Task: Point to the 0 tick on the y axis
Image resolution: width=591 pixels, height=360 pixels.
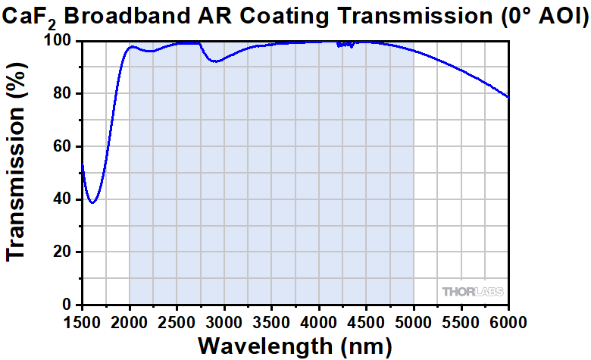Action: pos(68,305)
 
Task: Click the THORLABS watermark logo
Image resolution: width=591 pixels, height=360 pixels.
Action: pos(472,291)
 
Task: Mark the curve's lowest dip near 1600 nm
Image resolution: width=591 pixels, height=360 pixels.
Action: pos(92,202)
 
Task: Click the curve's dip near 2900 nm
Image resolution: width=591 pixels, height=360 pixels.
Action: pos(216,61)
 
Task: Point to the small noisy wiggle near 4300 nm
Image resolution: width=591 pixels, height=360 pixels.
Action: pos(346,44)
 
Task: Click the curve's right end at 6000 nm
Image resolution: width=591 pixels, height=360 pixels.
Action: pos(508,97)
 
